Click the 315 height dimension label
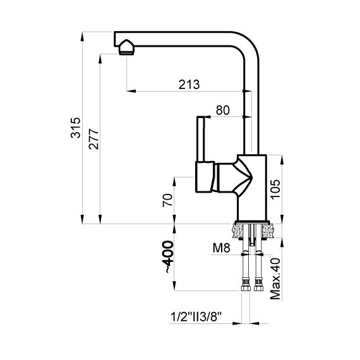tap(76, 128)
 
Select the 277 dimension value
tap(94, 139)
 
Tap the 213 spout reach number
tap(189, 85)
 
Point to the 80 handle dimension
tap(222, 110)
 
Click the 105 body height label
tap(275, 189)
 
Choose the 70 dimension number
tap(167, 200)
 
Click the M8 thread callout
tap(221, 248)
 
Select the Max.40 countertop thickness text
tap(275, 279)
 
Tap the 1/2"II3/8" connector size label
tap(196, 317)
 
